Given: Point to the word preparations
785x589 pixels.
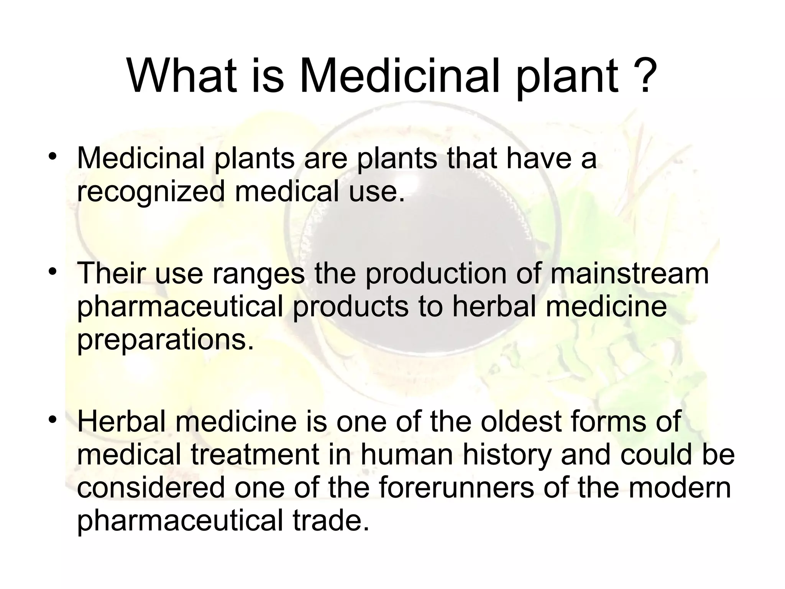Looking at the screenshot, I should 165,340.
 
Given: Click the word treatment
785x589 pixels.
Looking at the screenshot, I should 255,454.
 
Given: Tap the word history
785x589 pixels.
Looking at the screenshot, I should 507,454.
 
